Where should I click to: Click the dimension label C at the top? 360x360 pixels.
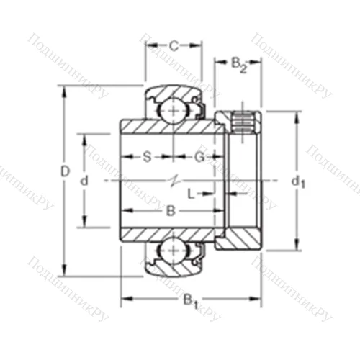coord(174,46)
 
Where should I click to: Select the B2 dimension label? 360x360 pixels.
coord(239,65)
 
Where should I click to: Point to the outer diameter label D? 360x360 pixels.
coord(64,171)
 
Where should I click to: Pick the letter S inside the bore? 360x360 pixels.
coord(146,156)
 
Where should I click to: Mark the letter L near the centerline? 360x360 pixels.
coord(191,193)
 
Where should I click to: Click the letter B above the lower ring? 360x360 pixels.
coord(171,210)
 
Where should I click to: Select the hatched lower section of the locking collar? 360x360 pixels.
coord(241,238)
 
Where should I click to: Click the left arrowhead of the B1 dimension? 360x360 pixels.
coord(123,296)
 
